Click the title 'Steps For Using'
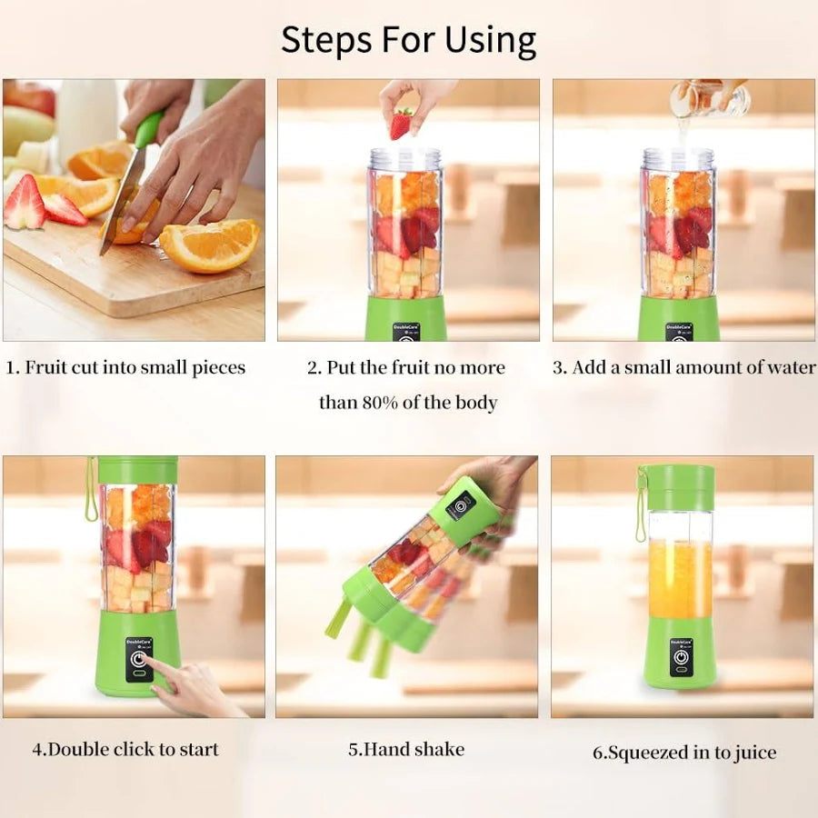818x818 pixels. (408, 40)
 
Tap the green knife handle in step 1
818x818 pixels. (148, 130)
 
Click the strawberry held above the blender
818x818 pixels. (401, 124)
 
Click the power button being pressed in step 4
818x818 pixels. (139, 661)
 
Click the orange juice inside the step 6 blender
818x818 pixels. (680, 578)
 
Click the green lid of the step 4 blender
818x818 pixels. (138, 470)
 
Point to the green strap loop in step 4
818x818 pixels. (91, 491)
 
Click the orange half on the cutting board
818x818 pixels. (210, 245)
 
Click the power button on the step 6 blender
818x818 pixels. (680, 658)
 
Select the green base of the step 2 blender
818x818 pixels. (406, 318)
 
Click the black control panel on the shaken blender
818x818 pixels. (461, 504)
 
